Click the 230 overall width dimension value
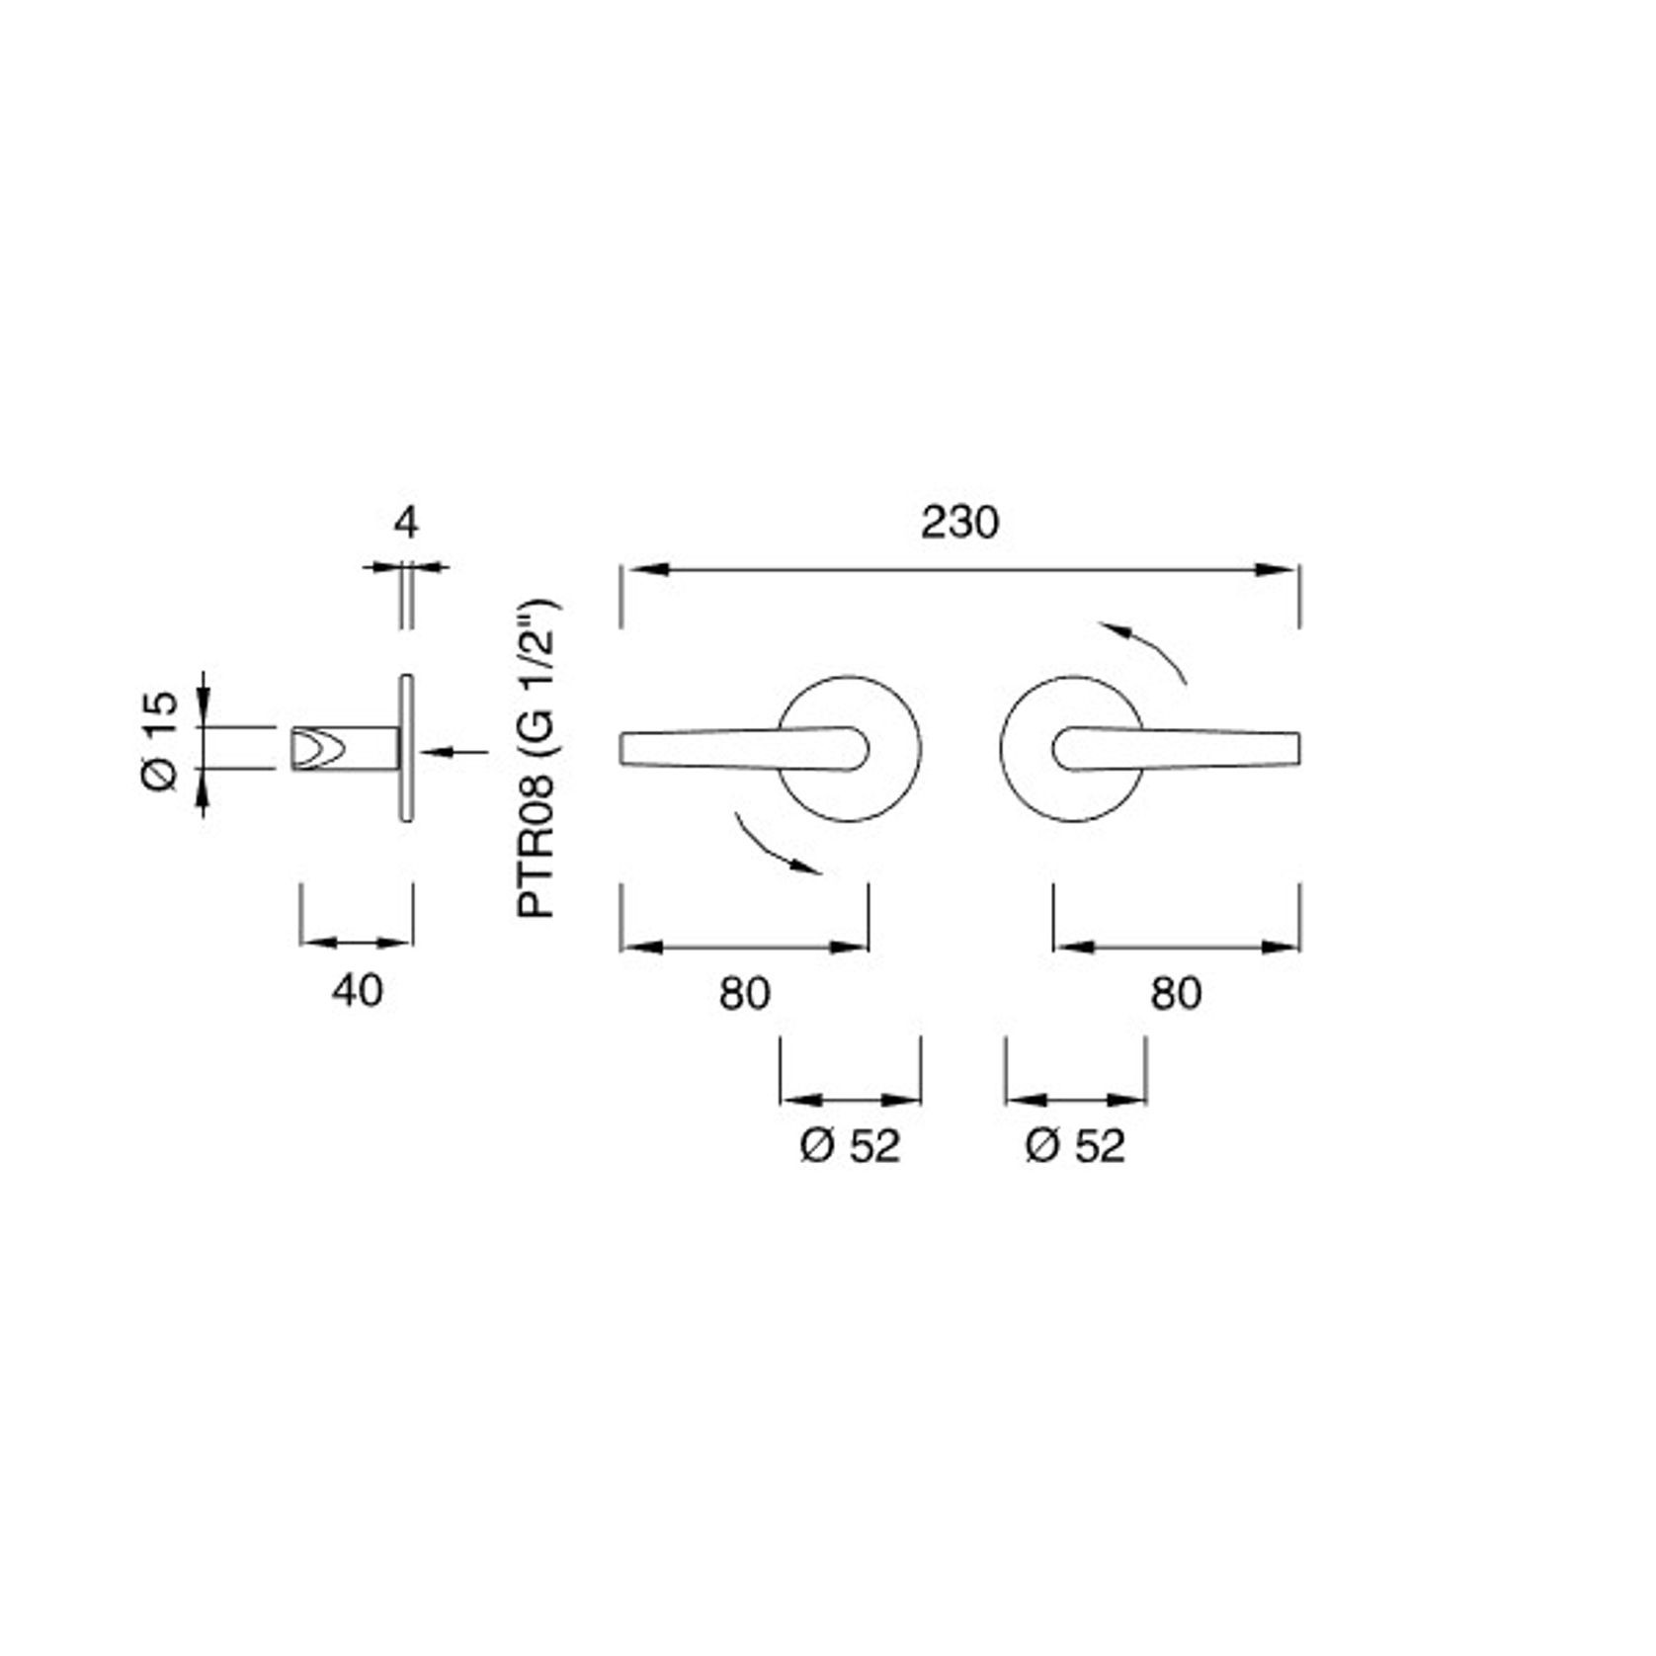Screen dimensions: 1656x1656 958,523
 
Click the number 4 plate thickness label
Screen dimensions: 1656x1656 406,523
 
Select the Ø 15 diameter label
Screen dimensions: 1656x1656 160,740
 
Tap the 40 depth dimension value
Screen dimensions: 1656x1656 357,990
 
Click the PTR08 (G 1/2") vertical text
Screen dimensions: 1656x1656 538,759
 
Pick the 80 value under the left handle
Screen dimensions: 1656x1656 744,993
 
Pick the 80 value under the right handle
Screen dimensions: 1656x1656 1176,993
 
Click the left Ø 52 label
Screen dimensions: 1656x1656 850,1146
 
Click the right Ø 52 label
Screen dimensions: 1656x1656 1075,1146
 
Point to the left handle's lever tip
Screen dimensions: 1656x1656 632,749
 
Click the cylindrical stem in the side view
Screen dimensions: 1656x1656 356,748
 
